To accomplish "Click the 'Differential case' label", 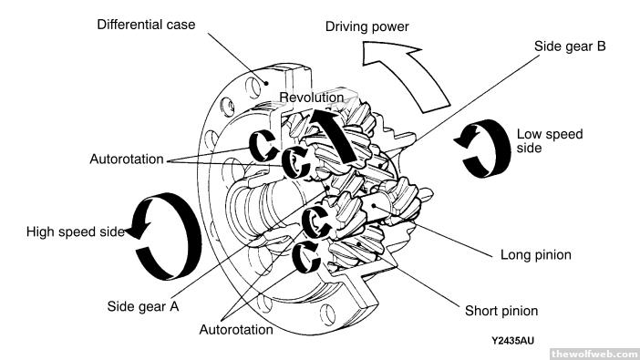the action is (146, 25).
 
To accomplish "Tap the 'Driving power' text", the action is (366, 27).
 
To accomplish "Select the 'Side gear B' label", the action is (570, 46).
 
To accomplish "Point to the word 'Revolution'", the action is (312, 98).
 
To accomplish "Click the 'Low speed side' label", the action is (550, 141).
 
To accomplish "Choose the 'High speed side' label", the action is (76, 231).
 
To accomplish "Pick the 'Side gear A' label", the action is (143, 306).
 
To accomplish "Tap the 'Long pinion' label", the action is (535, 254).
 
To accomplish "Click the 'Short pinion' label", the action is (501, 311).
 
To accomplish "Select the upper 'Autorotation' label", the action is (127, 159).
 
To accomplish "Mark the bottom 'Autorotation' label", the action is (236, 329).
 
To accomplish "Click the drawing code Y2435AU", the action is (512, 341).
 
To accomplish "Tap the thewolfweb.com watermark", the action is (594, 354).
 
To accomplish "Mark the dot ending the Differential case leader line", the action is (266, 83).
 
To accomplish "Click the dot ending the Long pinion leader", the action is (374, 205).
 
